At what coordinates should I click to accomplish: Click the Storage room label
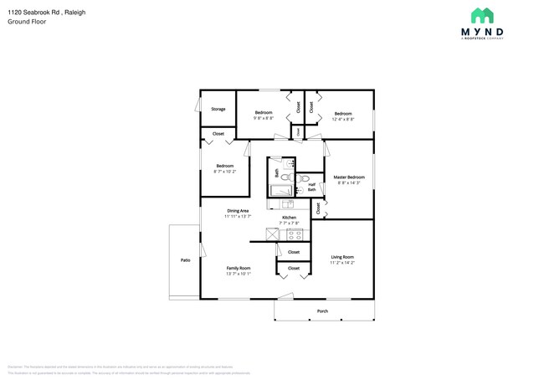(x=218, y=109)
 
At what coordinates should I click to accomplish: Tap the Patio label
(x=185, y=260)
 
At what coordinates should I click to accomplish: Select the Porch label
(x=322, y=311)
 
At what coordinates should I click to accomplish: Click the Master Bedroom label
(x=348, y=177)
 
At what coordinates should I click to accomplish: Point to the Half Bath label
(x=311, y=187)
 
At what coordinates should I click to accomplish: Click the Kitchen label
(x=289, y=218)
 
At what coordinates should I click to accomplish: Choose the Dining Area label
(x=238, y=210)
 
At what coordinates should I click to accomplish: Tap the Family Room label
(x=238, y=267)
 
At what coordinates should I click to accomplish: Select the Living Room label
(x=342, y=257)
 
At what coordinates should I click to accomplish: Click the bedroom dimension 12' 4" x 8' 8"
(x=343, y=119)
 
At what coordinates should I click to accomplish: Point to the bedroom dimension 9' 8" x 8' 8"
(x=264, y=118)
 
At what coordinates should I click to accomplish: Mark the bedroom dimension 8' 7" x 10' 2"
(x=225, y=172)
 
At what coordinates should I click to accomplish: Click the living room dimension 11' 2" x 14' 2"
(x=342, y=263)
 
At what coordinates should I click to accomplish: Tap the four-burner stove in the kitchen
(x=294, y=235)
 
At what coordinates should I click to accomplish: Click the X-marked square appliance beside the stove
(x=275, y=235)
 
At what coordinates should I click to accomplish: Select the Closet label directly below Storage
(x=218, y=134)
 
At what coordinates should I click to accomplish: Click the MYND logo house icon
(x=481, y=15)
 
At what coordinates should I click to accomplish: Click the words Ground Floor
(x=26, y=22)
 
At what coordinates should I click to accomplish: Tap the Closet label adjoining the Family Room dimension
(x=294, y=269)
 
